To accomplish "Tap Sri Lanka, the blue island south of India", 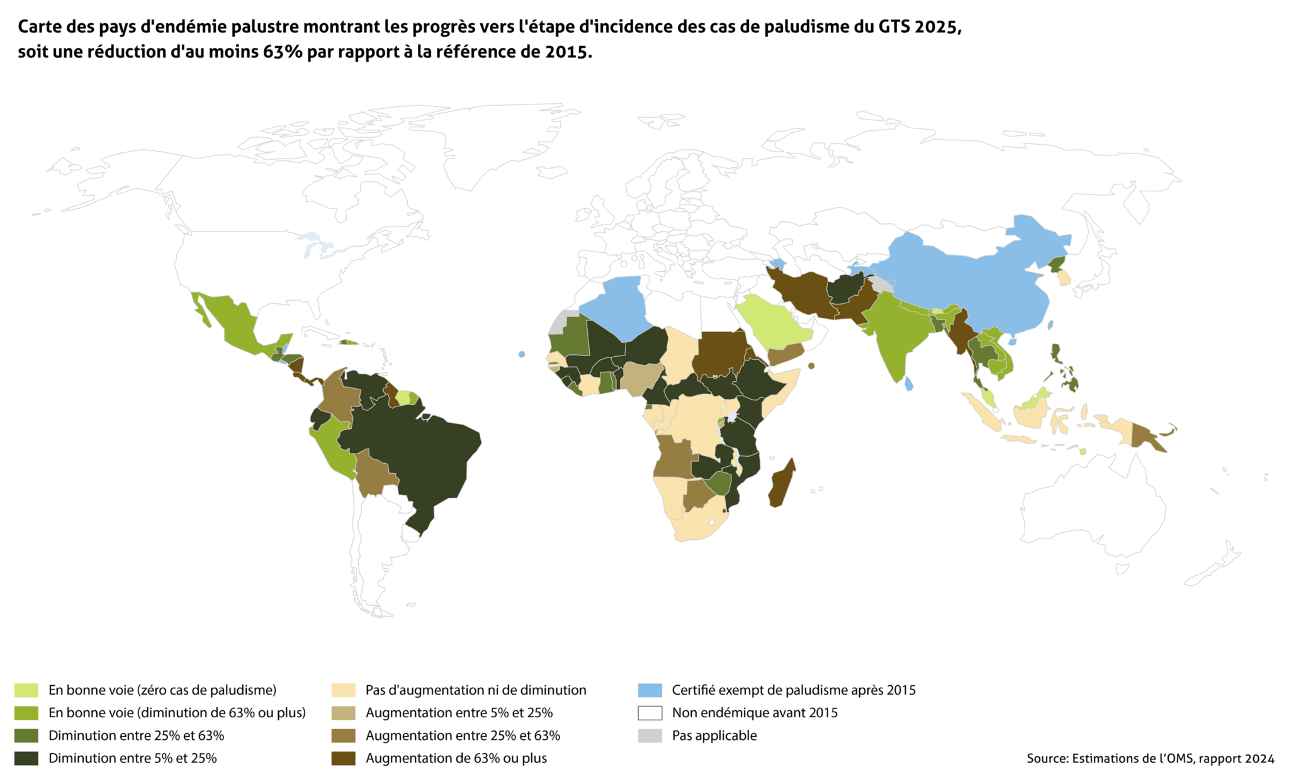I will [x=908, y=383].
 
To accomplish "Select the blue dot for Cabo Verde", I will [x=522, y=354].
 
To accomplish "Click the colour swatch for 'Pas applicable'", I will [x=650, y=735].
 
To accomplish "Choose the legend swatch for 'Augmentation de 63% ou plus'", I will [x=343, y=758].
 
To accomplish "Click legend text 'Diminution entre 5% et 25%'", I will [x=132, y=758].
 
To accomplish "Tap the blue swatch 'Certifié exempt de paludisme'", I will [x=650, y=690].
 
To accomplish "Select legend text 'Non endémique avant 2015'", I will [x=755, y=713].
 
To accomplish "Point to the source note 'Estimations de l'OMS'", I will [x=1132, y=759].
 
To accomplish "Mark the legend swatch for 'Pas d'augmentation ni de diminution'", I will [x=343, y=690].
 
